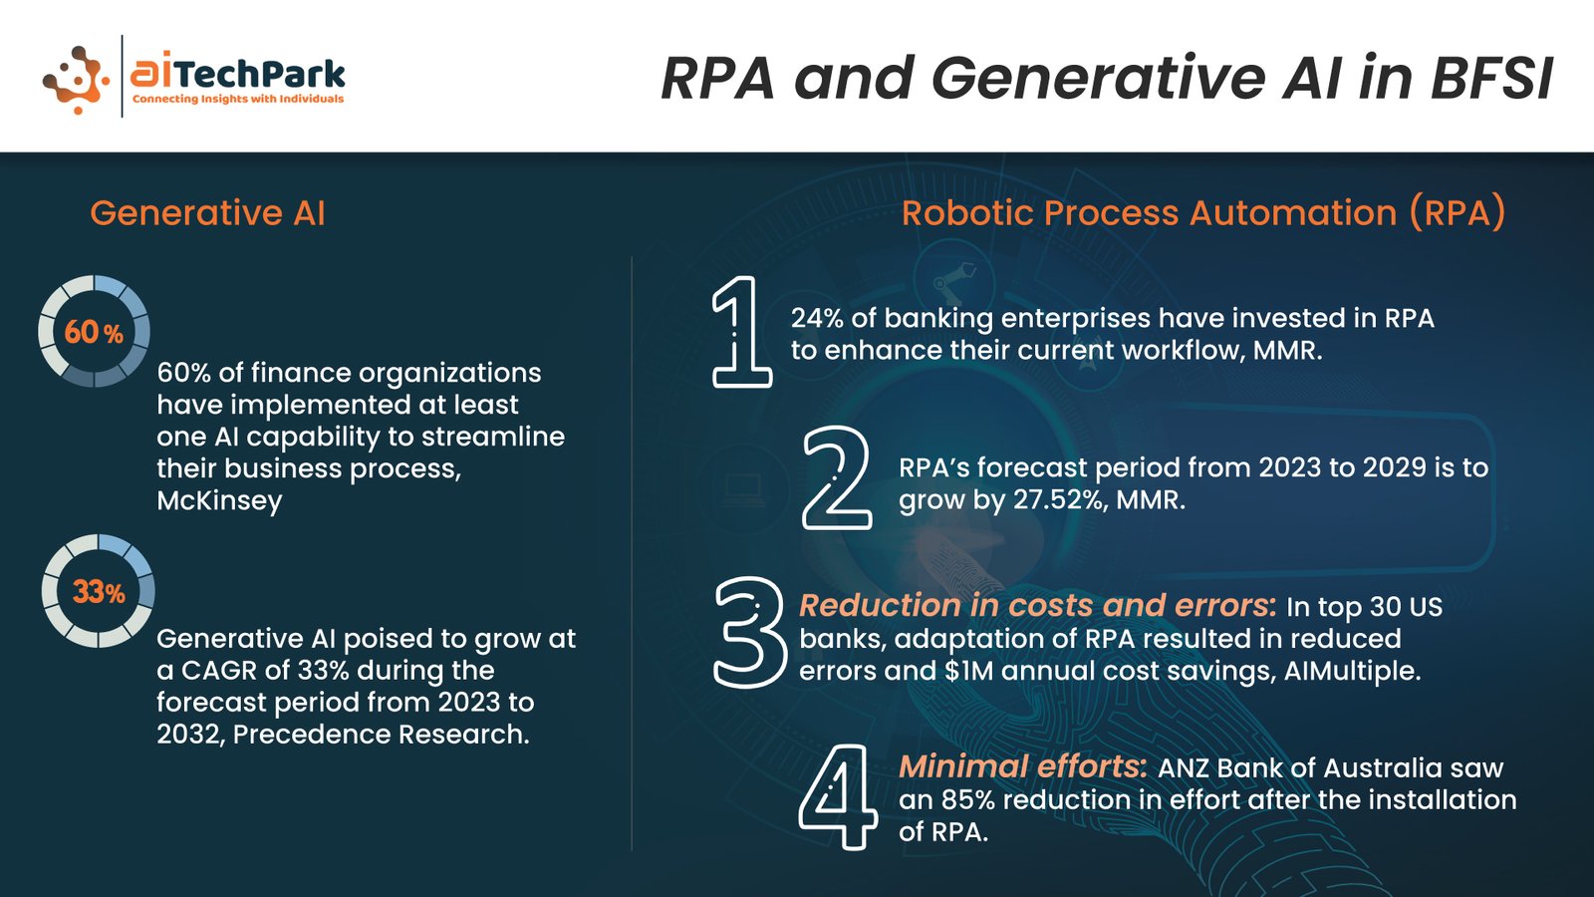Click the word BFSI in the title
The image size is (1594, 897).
(x=1491, y=78)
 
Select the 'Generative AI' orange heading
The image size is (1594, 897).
(x=207, y=213)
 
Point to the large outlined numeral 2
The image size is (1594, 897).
(x=837, y=477)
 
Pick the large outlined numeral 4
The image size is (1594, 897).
(x=837, y=796)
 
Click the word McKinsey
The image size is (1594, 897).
(x=219, y=500)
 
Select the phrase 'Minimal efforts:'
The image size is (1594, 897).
(x=1022, y=766)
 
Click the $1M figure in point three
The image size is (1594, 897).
(x=969, y=671)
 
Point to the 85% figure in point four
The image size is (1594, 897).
(x=967, y=799)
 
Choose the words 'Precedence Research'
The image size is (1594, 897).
(x=380, y=734)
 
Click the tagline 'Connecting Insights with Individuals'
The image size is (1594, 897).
(x=238, y=99)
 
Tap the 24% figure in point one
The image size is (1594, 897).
(x=818, y=318)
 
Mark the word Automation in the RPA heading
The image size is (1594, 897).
(x=1292, y=213)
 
